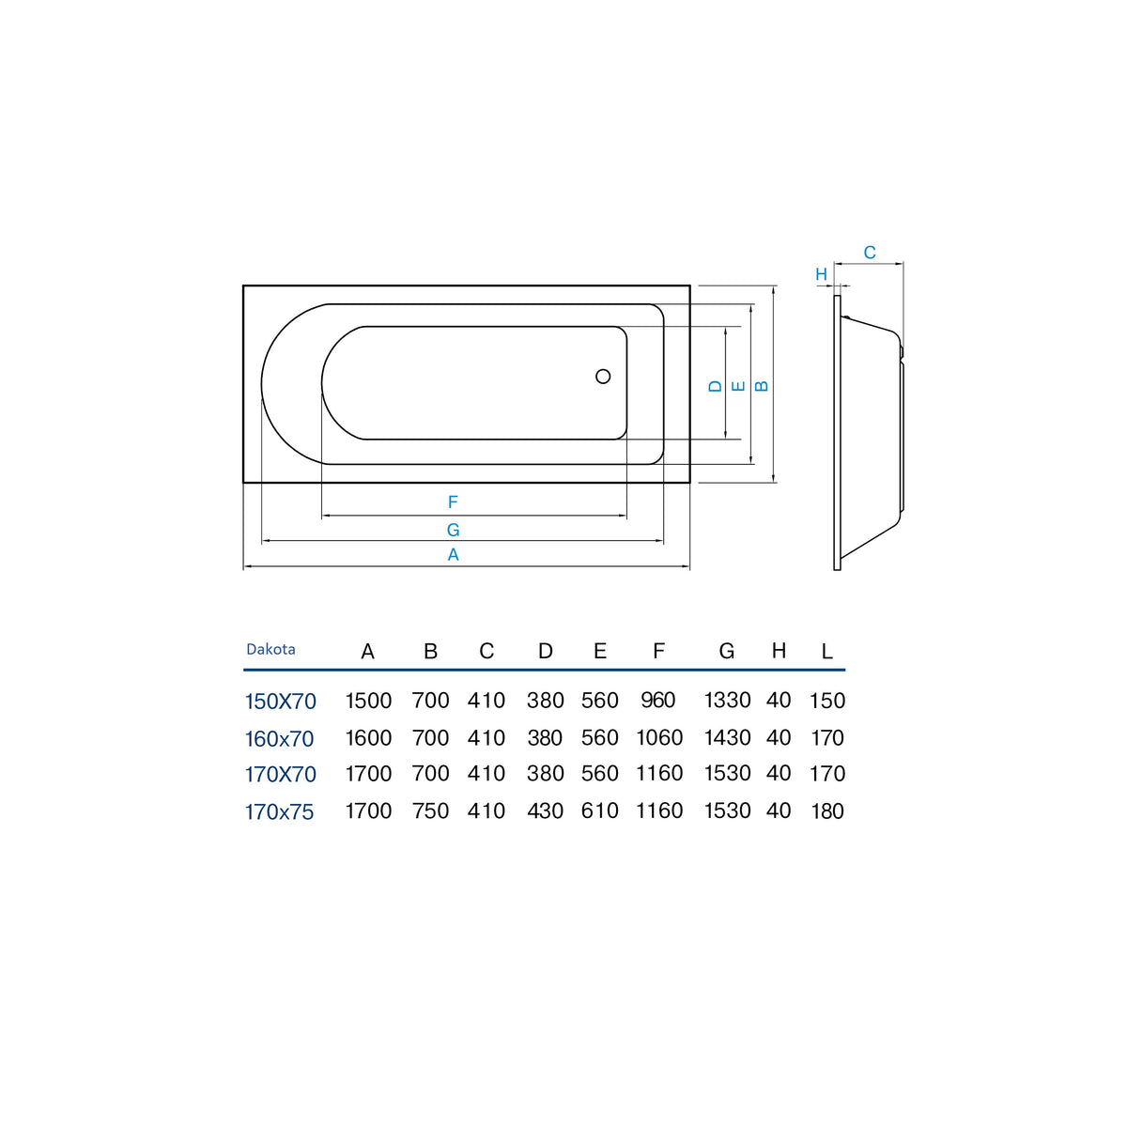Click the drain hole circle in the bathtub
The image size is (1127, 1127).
603,376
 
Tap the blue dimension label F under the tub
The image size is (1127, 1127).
453,502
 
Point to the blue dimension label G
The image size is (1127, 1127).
454,530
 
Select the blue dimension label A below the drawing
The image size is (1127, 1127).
454,554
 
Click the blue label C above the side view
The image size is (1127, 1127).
870,253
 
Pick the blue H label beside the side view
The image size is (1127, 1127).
821,274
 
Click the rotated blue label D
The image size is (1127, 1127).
716,386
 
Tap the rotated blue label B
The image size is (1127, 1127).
762,386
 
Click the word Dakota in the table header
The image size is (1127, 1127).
270,649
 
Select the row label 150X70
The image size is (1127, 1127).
281,702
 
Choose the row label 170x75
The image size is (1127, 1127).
280,812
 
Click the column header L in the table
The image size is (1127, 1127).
827,651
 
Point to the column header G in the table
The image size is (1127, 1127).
727,651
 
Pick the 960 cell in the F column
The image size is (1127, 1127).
658,700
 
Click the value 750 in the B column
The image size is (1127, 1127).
430,811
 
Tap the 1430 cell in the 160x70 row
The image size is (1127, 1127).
728,738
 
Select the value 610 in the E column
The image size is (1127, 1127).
600,811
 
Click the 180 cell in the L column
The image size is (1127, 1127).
827,811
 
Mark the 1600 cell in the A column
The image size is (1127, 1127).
368,738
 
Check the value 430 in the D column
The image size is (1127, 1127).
545,811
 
